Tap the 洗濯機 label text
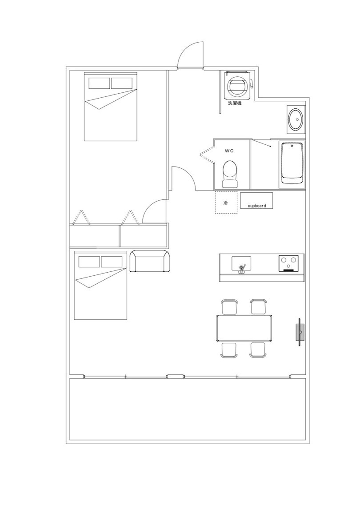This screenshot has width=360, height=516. coord(235,103)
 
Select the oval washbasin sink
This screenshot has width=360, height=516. coord(295,119)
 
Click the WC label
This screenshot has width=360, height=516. coord(229,151)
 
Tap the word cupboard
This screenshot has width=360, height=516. coord(257,206)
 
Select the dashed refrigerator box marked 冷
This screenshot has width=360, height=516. coord(226,202)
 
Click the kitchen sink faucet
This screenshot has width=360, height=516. coord(242,269)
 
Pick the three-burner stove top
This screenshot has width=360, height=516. coord(289,263)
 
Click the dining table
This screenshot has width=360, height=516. coord(244,328)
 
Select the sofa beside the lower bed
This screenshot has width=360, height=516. coord(150,261)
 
